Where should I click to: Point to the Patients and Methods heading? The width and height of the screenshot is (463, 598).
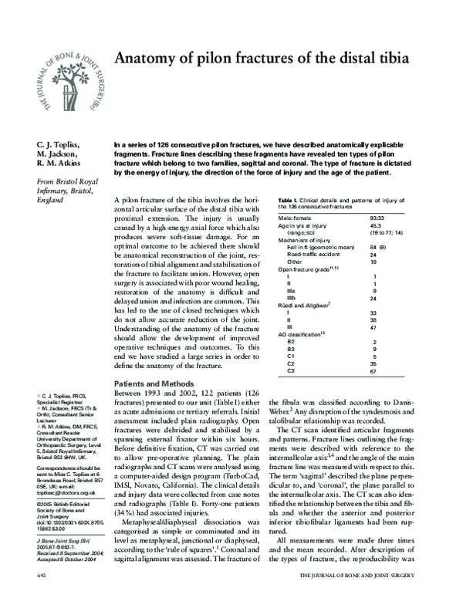tap(154, 383)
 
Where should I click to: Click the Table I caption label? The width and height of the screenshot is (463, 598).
tap(289, 200)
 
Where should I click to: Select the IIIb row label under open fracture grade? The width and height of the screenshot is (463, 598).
tap(291, 298)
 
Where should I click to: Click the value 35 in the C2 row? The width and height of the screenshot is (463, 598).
tap(374, 363)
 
